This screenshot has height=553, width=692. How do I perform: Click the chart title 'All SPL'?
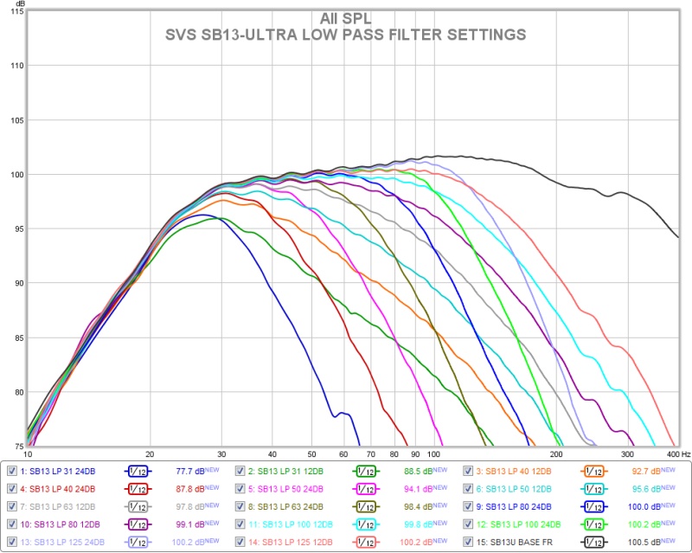(345, 17)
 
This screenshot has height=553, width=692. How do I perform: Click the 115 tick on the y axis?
(16, 11)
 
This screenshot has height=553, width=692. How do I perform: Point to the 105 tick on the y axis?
(16, 120)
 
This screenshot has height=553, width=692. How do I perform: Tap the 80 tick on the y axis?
(16, 392)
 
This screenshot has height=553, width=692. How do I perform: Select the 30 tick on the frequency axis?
(222, 453)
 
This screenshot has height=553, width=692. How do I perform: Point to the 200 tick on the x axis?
(557, 453)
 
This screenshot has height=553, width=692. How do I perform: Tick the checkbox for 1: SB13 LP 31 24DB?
(12, 472)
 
